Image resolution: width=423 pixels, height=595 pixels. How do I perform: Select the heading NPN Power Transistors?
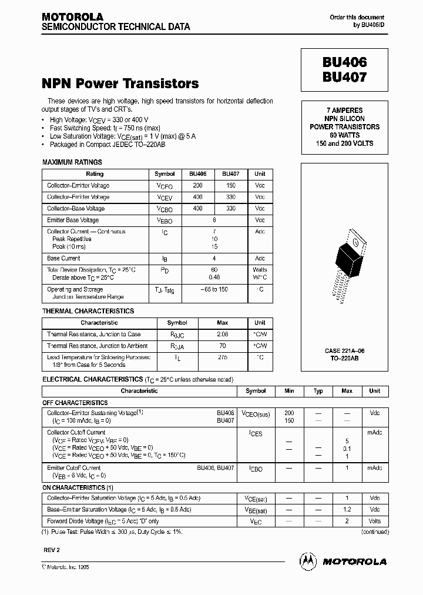120,83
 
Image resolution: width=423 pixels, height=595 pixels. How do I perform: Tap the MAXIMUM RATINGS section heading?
72,162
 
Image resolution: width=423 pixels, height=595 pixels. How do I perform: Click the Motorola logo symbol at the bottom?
308,561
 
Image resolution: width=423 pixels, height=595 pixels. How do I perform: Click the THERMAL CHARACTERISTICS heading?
88,311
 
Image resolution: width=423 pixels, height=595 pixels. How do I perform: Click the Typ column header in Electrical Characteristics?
318,391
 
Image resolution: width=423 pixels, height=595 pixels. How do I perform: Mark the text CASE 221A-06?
344,350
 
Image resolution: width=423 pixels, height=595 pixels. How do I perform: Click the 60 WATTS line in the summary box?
344,135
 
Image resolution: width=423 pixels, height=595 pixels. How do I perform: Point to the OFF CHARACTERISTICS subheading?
75,403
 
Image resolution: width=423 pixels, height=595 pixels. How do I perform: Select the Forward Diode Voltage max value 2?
347,521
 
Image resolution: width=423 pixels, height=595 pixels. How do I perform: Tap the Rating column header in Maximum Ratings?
95,174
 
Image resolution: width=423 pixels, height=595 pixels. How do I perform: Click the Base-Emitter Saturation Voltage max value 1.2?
347,509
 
